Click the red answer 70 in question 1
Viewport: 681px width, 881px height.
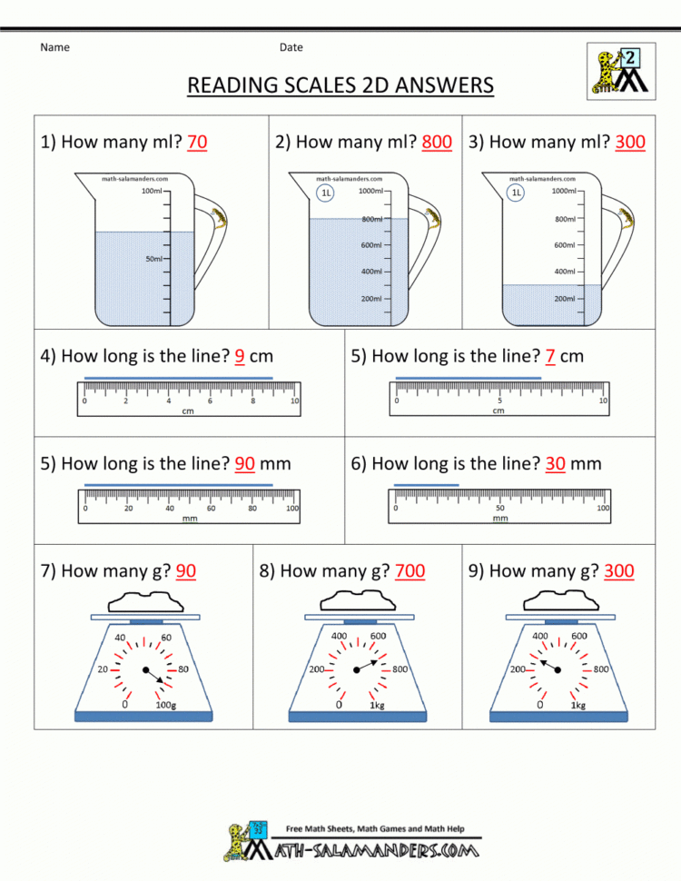[196, 143]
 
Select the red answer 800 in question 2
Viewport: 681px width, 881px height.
[437, 143]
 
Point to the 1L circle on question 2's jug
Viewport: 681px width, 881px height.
[324, 193]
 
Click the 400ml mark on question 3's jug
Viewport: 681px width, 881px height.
[566, 272]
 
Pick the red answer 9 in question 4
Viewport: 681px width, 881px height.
[239, 356]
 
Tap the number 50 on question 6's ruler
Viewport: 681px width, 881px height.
[499, 509]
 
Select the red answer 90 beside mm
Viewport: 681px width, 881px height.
[245, 464]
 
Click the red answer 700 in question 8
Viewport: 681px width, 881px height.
[410, 571]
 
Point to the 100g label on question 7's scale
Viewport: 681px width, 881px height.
[166, 705]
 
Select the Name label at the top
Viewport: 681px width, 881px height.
[54, 47]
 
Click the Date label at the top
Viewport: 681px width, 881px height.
[291, 47]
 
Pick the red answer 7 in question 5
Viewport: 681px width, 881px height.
[550, 356]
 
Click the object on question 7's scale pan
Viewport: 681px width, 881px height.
[144, 601]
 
